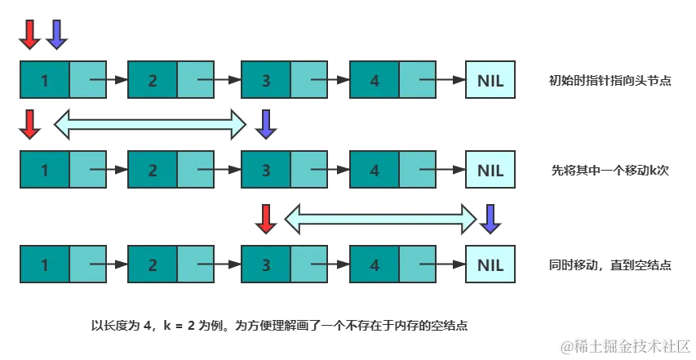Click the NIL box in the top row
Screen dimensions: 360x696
tap(490, 81)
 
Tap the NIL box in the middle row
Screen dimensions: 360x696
tap(490, 171)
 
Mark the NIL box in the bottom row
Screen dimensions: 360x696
tap(490, 265)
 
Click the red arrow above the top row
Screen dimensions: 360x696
tap(29, 34)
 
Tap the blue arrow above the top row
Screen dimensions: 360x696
tap(55, 34)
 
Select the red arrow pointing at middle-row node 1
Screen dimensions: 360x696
tap(29, 124)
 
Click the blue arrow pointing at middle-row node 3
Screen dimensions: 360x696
tap(265, 124)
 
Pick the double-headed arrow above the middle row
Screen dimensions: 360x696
tap(150, 124)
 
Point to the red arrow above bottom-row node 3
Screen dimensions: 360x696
tap(265, 218)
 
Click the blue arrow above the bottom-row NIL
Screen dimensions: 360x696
tap(490, 218)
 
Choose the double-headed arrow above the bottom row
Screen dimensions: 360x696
tap(380, 218)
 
